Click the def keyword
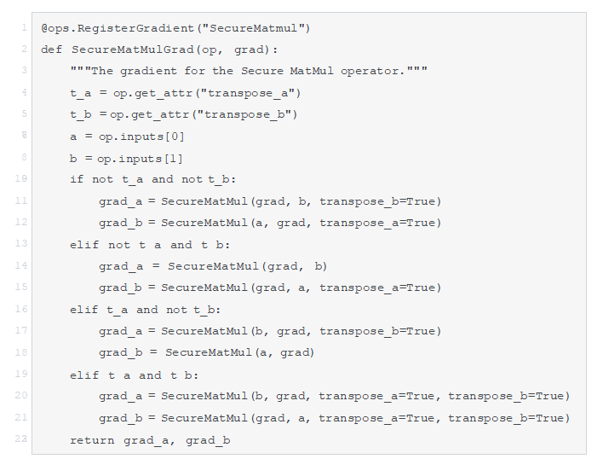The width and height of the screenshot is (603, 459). pos(51,49)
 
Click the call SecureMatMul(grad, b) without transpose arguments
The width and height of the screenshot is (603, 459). pos(247,266)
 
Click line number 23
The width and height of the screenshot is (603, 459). pos(20,439)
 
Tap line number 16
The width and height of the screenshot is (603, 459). pos(20,309)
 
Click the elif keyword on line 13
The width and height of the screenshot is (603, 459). pos(83,245)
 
